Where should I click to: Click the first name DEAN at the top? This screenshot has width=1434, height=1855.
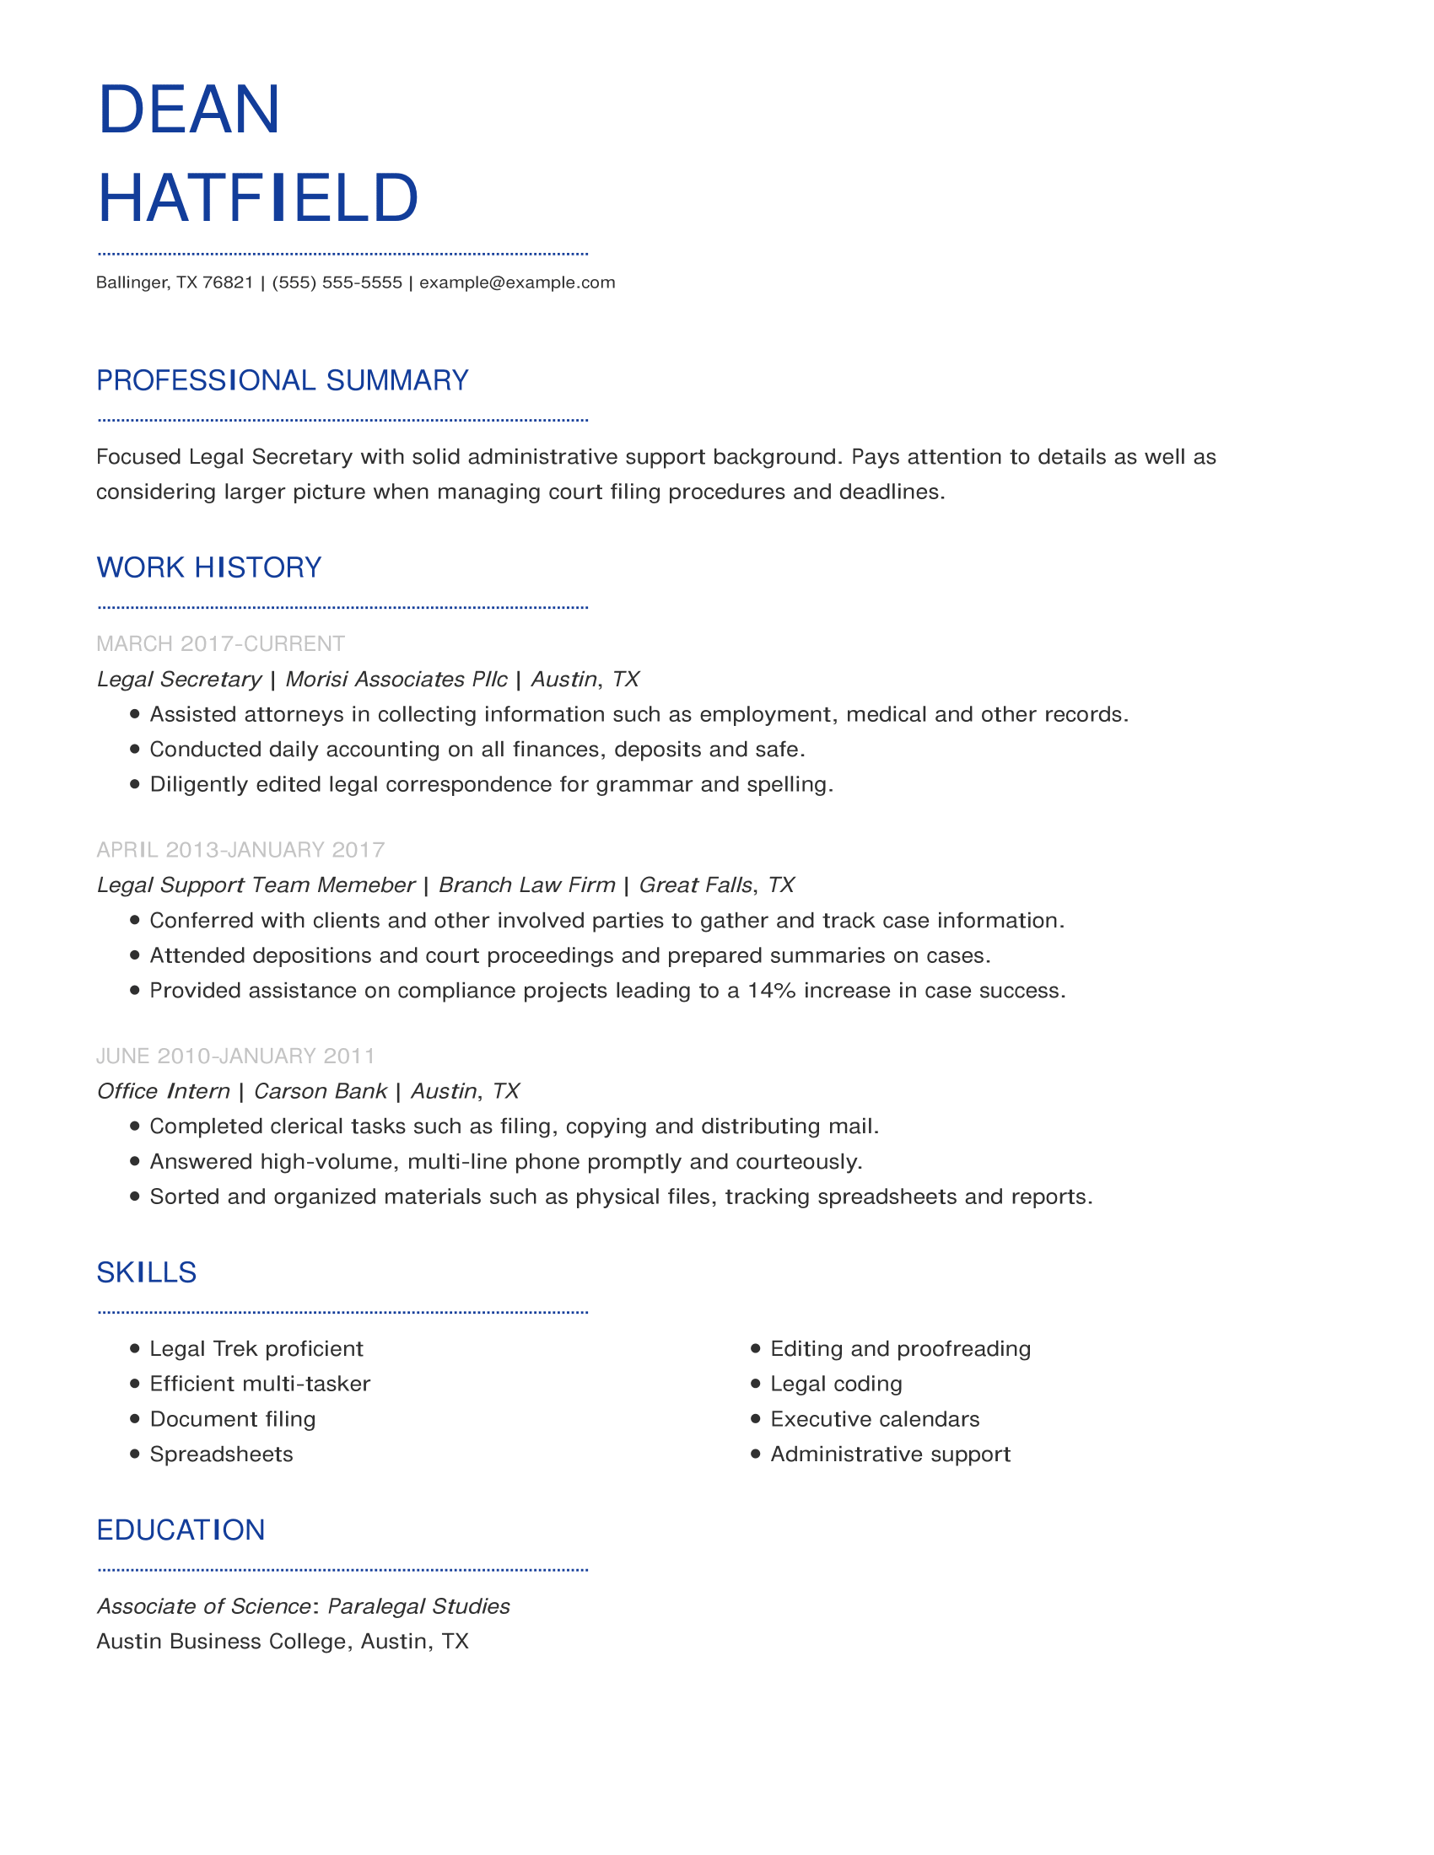coord(189,110)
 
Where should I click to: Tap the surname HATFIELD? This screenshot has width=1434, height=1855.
coord(258,198)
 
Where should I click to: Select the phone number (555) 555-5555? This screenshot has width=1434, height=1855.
coord(337,282)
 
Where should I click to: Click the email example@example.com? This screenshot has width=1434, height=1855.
coord(516,282)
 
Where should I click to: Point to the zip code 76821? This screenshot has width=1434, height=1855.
coord(228,282)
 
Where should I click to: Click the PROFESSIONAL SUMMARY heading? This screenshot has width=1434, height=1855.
coord(282,380)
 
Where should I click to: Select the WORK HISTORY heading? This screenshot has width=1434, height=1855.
coord(209,567)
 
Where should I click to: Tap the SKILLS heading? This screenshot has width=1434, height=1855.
coord(146,1272)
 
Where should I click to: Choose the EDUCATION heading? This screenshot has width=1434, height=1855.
coord(181,1530)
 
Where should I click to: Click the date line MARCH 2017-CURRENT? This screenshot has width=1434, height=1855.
coord(221,644)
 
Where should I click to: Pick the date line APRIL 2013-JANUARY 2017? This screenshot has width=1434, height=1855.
coord(240,849)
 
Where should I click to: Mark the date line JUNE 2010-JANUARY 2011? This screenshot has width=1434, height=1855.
coord(235,1056)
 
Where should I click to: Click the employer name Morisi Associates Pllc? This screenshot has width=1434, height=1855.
coord(396,680)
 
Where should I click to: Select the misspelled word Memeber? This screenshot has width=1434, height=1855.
coord(366,885)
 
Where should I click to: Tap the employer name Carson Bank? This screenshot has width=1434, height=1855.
coord(321,1091)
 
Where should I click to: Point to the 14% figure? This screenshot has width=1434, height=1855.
coord(771,991)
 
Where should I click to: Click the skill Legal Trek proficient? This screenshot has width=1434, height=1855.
coord(256,1349)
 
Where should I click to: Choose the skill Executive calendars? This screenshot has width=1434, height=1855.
coord(874,1419)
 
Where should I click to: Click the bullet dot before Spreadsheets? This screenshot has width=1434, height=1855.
coord(134,1454)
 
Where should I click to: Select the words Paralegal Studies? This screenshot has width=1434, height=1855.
coord(419,1606)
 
